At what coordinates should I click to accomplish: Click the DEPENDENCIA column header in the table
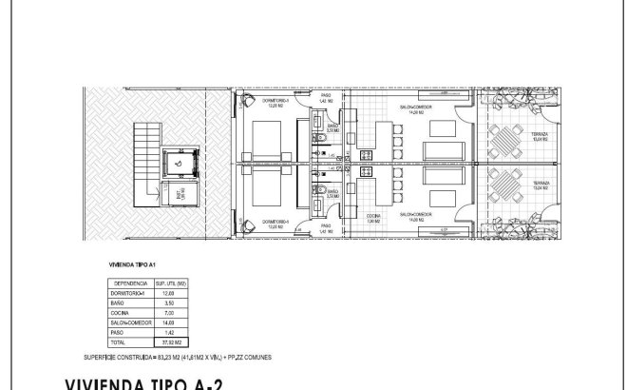(128, 283)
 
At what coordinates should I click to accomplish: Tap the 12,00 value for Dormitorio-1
(167, 293)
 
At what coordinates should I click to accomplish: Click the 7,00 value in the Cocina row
(167, 312)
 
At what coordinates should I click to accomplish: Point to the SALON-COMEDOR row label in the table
(128, 322)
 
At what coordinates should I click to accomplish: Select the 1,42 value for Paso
(167, 331)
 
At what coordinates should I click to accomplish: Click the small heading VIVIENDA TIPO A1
(132, 266)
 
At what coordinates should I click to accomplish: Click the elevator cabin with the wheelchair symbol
(179, 163)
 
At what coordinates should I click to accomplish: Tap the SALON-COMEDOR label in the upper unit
(416, 107)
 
